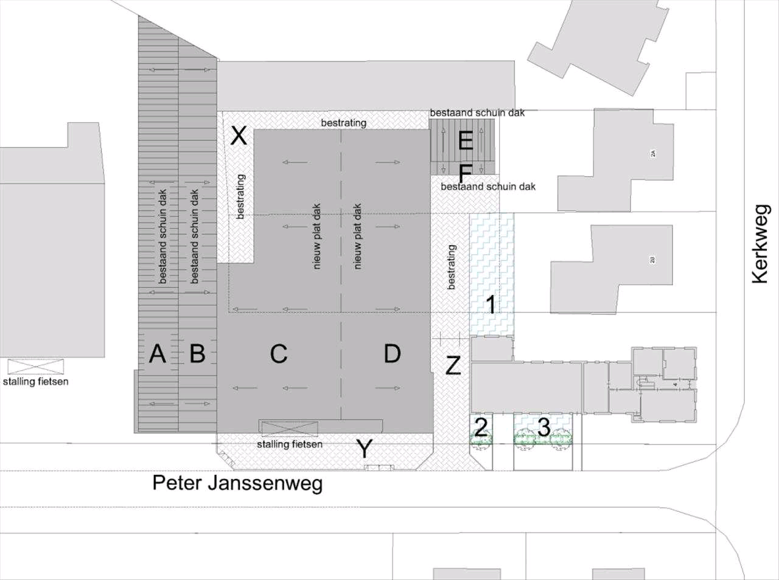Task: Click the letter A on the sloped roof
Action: point(158,353)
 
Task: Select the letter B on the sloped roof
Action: point(197,353)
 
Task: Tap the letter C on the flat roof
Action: point(279,353)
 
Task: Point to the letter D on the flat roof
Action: point(393,353)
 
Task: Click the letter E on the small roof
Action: point(466,142)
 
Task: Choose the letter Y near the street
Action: point(364,450)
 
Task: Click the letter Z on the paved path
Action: point(453,366)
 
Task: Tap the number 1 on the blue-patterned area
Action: point(492,304)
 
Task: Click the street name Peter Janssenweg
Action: point(237,483)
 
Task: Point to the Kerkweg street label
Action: point(761,244)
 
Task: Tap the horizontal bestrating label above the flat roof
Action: point(344,123)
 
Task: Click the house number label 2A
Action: point(653,153)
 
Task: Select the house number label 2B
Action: point(653,260)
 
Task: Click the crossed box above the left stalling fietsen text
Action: point(36,367)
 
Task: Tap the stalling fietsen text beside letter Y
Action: point(290,444)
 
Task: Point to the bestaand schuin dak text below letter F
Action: point(488,187)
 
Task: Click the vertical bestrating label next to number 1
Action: point(451,267)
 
